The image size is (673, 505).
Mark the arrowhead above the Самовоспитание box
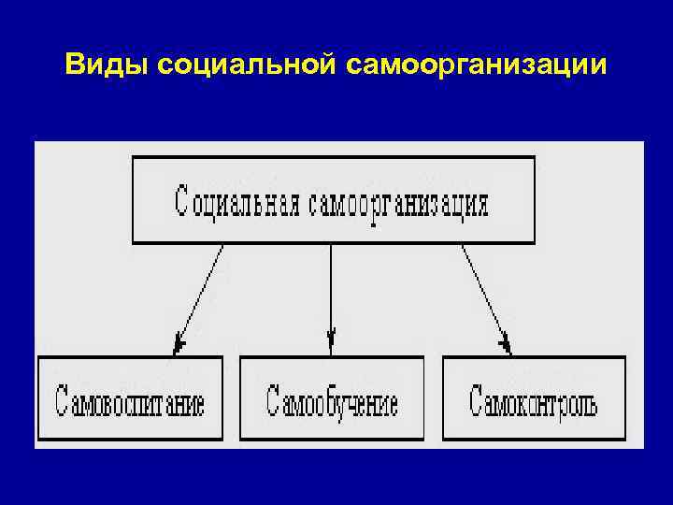(179, 346)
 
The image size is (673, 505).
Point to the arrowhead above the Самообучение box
(331, 336)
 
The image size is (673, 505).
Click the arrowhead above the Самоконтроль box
(506, 346)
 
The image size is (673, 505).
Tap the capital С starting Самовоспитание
(63, 402)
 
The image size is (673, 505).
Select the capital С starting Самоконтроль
(476, 402)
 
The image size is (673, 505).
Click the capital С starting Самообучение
(272, 402)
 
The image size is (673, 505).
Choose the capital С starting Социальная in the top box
(181, 201)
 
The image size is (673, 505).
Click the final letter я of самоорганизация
(481, 204)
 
